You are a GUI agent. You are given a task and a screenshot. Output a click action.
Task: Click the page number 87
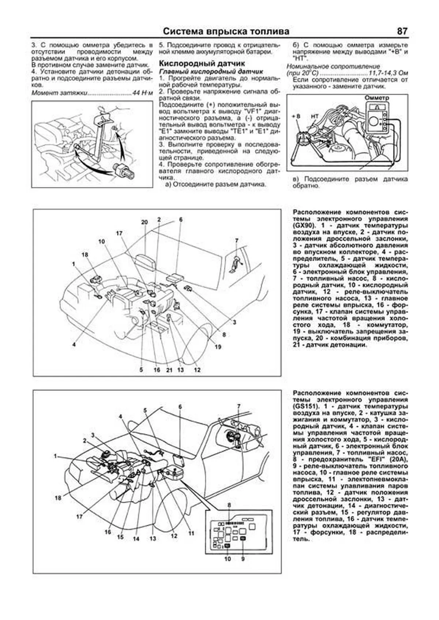(402, 31)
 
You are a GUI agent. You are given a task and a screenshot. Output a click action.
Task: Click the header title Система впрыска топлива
(226, 31)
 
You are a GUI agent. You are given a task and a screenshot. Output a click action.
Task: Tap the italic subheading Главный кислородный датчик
(211, 71)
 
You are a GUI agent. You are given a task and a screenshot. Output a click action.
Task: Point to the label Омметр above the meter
(377, 98)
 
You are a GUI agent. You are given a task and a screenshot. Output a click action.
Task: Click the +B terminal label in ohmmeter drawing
(296, 116)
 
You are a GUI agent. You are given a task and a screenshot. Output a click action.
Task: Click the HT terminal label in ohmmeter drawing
(314, 116)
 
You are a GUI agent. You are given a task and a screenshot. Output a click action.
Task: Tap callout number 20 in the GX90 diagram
(144, 222)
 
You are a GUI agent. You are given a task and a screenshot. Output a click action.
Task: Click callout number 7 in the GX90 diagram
(237, 240)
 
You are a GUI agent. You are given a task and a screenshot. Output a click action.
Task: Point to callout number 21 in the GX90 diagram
(169, 370)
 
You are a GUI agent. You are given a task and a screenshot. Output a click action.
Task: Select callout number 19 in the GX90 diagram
(218, 347)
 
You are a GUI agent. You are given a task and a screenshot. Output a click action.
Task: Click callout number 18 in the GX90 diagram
(85, 255)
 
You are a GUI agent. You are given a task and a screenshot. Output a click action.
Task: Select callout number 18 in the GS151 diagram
(58, 498)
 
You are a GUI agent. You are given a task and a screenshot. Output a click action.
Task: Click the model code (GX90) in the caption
(303, 225)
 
